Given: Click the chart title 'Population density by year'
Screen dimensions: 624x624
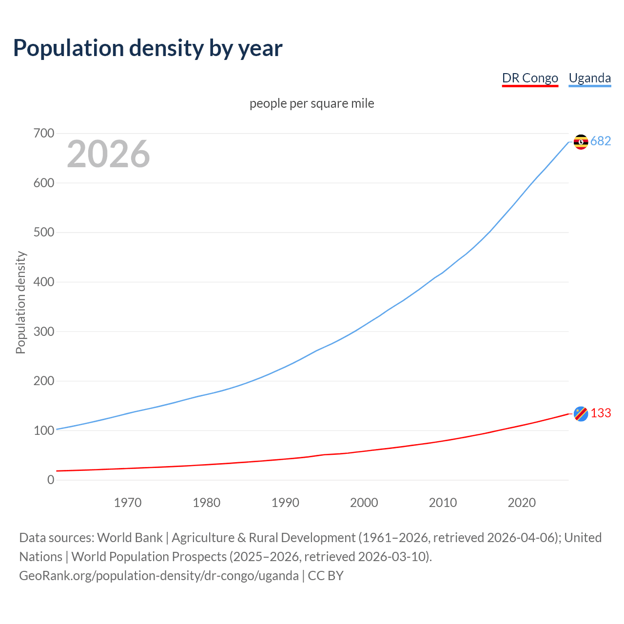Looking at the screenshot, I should tap(148, 48).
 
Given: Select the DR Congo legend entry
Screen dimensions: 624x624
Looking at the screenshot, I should tap(530, 78).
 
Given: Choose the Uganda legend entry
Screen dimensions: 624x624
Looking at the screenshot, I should tap(589, 78).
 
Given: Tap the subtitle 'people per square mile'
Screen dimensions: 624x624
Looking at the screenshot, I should tap(312, 103).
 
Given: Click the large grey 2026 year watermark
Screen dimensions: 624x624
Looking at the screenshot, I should tap(108, 154).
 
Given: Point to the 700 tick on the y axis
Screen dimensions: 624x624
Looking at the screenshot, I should tap(44, 133).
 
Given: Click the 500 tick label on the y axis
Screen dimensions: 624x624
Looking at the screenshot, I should tap(44, 232).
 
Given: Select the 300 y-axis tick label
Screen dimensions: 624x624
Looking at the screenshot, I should tap(44, 331).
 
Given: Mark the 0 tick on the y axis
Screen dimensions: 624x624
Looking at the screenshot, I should tap(51, 480).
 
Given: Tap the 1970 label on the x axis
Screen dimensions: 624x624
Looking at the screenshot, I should tap(128, 502).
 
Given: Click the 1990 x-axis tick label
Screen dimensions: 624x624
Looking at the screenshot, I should tap(285, 502).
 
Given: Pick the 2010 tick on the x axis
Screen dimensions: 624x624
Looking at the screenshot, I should tap(443, 502).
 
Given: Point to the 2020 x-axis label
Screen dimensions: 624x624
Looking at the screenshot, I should tap(522, 502).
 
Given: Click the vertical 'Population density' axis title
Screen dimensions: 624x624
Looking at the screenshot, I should tap(20, 302).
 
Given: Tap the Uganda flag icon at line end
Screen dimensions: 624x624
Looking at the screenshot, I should tap(581, 141).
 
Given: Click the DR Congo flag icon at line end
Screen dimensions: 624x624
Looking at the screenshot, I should tap(581, 413).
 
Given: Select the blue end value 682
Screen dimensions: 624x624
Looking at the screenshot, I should tap(601, 141).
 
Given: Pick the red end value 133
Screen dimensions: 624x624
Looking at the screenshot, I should tap(601, 413).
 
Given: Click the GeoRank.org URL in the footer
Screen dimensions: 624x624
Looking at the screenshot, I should tap(159, 575).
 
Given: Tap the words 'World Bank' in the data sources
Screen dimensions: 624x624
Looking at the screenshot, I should tap(130, 537).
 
